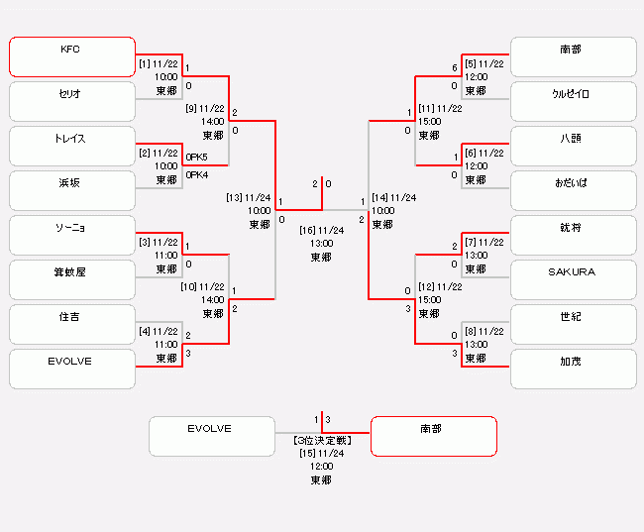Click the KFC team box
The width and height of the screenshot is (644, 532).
coord(72,56)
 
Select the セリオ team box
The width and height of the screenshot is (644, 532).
coord(72,101)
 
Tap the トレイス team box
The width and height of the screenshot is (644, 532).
coord(72,146)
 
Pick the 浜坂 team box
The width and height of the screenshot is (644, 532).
coord(72,190)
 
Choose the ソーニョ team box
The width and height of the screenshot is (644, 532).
coord(72,235)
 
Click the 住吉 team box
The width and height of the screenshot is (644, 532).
coord(72,324)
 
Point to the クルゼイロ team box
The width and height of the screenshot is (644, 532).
coord(573,101)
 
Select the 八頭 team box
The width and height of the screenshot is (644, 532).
coord(573,146)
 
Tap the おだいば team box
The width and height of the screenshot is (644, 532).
coord(573,190)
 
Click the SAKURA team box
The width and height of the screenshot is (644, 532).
coord(573,279)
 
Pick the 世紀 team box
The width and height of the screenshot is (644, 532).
coord(573,324)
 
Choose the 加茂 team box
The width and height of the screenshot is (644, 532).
coord(573,369)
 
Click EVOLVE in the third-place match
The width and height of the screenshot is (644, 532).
coord(211,436)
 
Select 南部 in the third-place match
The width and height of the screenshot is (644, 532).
coord(433,436)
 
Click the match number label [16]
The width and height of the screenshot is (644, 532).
coord(307,230)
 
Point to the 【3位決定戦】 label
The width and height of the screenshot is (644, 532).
coord(321,439)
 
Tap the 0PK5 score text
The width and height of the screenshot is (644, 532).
coord(196,157)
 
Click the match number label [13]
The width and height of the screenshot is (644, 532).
coord(235,197)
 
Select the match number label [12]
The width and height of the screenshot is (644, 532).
coord(426,286)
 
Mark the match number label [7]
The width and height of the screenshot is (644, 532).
coord(473,242)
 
